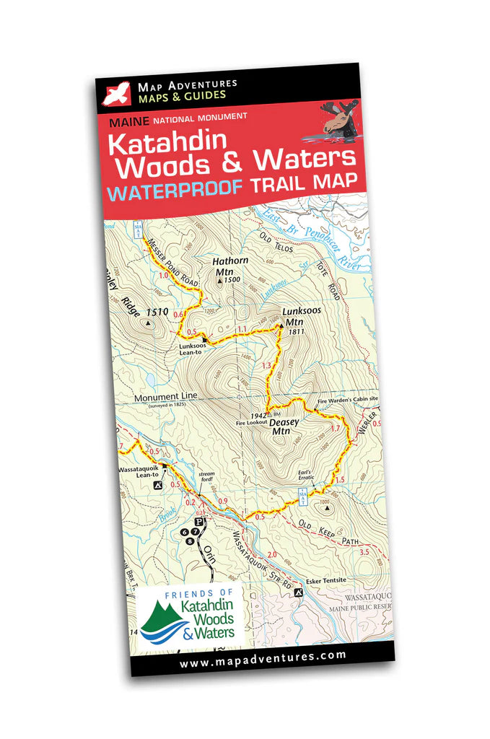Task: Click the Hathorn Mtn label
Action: (226, 267)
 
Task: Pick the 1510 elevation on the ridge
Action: (157, 312)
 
